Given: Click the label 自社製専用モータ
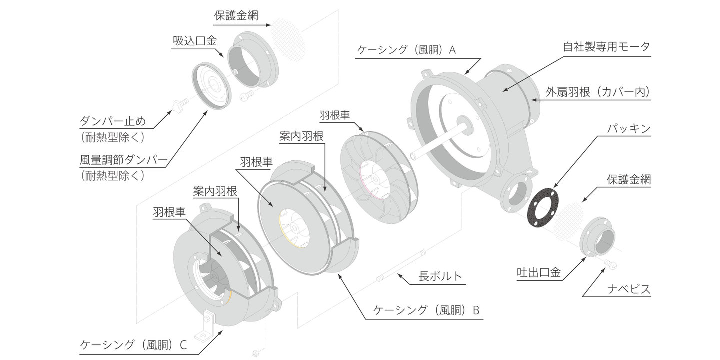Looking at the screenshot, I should click(606, 47).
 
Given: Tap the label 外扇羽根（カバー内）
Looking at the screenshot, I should click(598, 92).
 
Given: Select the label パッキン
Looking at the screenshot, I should click(628, 129).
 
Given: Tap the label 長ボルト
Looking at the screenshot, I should click(440, 276).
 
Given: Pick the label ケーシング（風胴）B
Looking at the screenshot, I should click(426, 310).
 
